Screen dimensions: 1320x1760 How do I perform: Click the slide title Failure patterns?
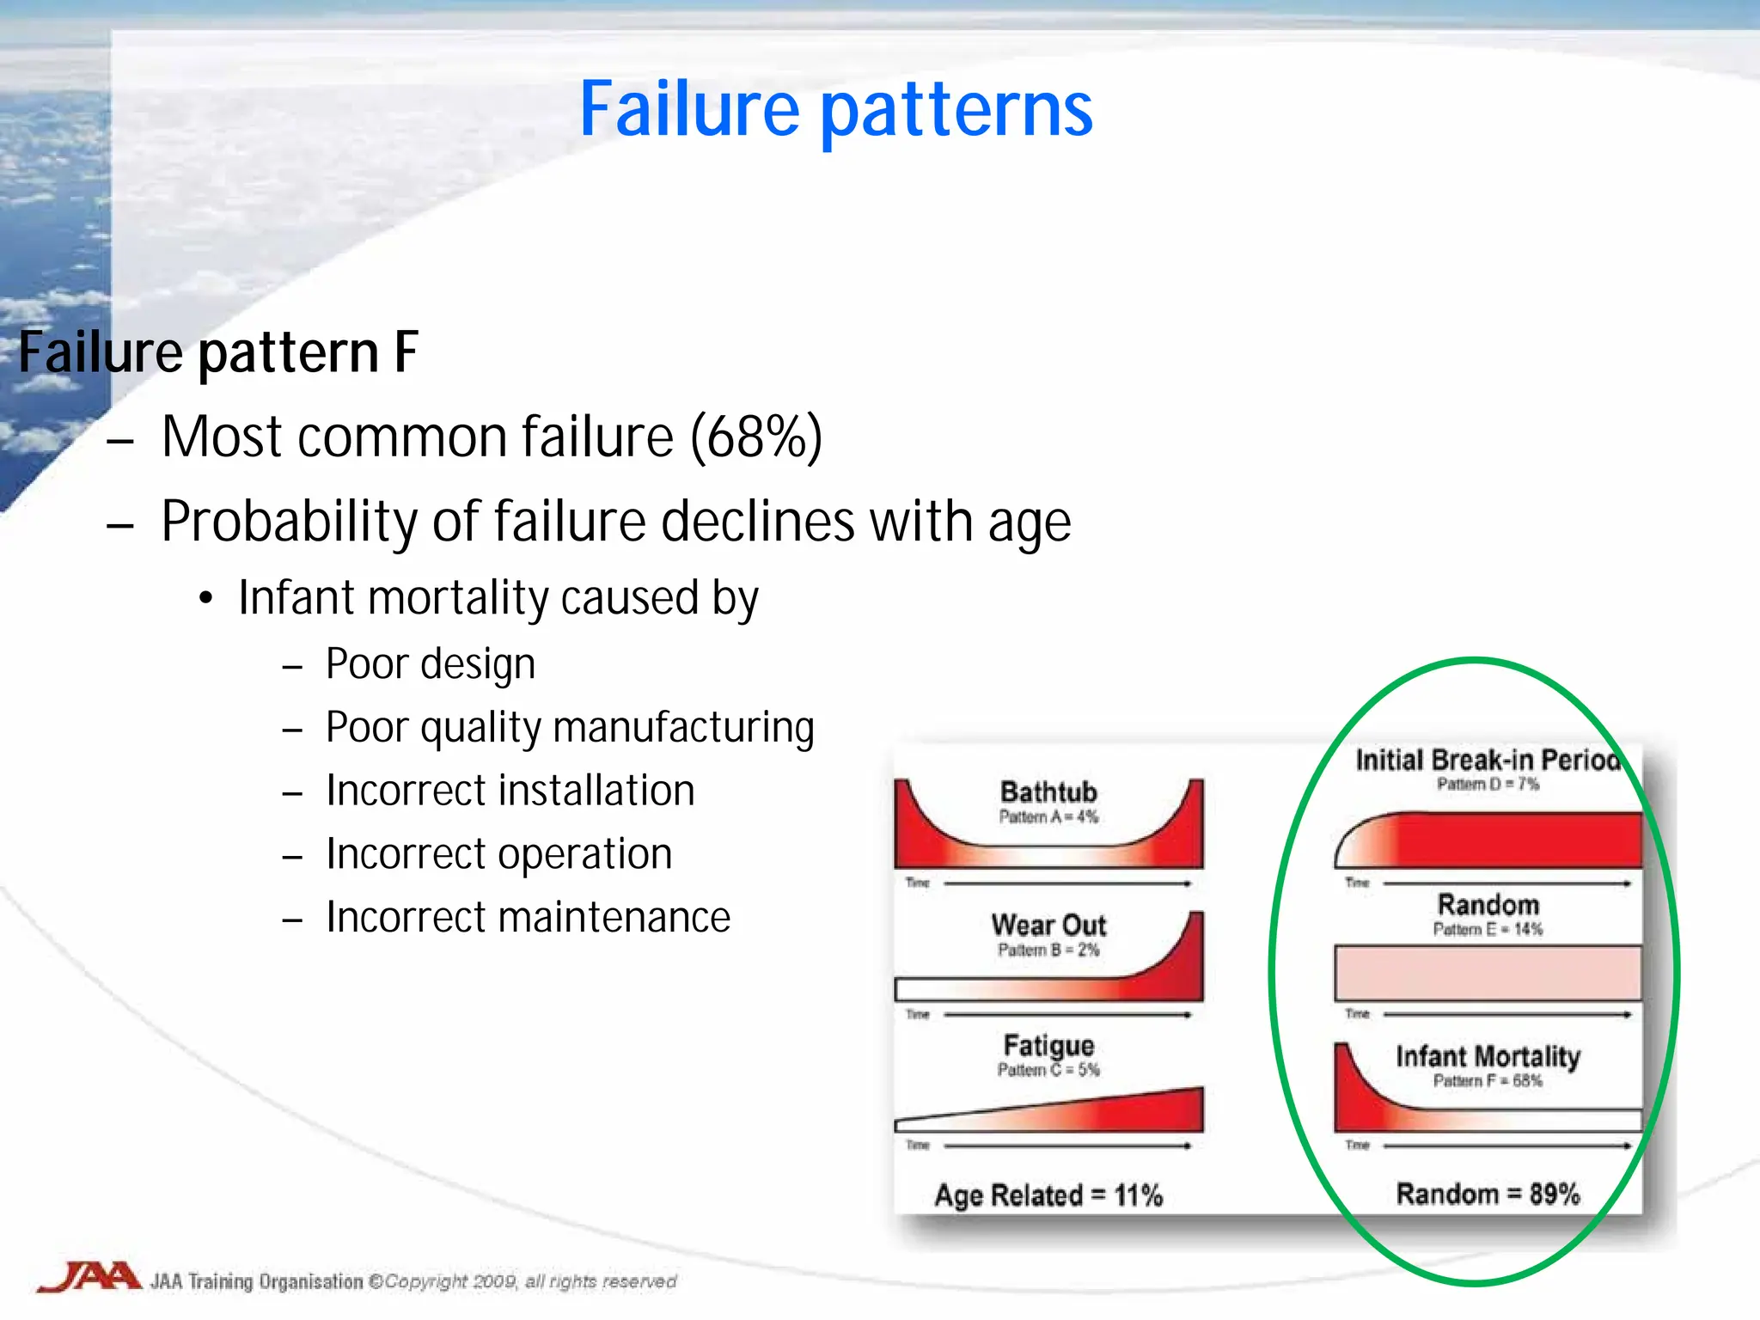coord(835,109)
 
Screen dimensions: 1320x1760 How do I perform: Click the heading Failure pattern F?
coord(218,352)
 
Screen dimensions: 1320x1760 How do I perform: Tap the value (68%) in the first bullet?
coord(756,437)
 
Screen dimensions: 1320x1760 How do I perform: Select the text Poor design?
coord(430,664)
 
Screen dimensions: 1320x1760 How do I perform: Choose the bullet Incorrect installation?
coord(510,791)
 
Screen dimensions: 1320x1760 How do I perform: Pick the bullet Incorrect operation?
coord(498,854)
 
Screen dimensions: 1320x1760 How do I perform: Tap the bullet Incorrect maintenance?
coord(528,917)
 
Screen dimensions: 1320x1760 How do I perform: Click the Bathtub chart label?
coord(1048,791)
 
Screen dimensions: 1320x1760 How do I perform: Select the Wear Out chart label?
coord(1048,925)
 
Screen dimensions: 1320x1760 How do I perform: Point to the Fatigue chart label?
coord(1048,1045)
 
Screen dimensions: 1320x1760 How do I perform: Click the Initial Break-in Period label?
coord(1487,760)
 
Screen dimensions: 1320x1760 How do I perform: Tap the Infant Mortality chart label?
coord(1488,1055)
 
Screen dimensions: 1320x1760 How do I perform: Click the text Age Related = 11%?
coord(1048,1195)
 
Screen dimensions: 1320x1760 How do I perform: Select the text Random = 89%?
coord(1488,1194)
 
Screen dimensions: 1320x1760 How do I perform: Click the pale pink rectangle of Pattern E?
coord(1488,973)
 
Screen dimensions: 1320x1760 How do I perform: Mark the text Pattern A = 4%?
coord(1048,816)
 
